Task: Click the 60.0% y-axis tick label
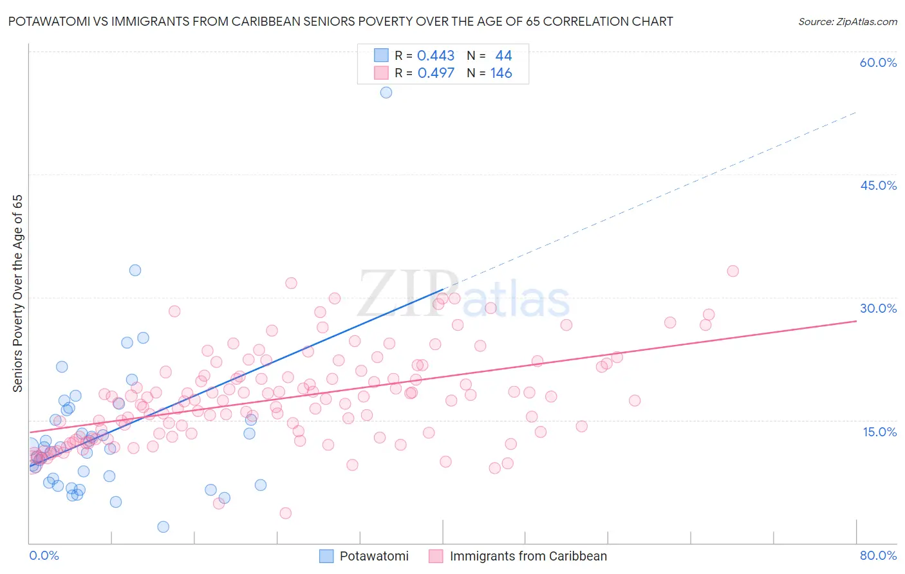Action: (878, 62)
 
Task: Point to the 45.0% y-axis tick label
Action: (878, 185)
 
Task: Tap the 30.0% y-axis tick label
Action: (878, 308)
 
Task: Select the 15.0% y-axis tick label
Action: (879, 431)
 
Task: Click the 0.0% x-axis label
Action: (44, 555)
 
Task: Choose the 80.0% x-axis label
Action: (878, 555)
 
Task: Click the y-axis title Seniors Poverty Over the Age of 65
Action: (18, 293)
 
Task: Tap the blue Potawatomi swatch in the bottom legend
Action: (327, 557)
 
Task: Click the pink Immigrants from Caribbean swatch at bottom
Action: (436, 557)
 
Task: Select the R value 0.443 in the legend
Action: (436, 56)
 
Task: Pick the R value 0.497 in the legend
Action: (436, 73)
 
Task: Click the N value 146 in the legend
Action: (501, 73)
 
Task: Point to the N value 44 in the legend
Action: (503, 56)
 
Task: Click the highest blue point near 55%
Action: (386, 92)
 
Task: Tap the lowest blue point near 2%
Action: (163, 527)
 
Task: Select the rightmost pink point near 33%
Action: (732, 271)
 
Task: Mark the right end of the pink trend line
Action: (856, 320)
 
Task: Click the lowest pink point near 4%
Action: (286, 513)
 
